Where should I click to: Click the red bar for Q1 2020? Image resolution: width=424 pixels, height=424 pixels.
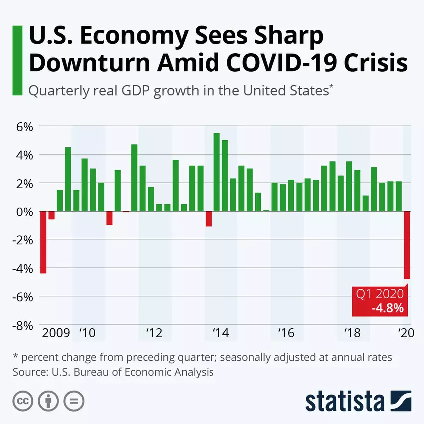407,245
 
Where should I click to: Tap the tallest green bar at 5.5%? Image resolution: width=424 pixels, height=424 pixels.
216,172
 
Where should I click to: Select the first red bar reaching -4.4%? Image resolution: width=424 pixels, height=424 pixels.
43,242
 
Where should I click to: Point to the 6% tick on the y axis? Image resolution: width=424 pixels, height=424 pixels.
23,126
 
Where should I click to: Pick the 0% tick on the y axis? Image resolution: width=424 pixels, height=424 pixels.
24,212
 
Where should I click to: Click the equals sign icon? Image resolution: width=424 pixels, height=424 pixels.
74,401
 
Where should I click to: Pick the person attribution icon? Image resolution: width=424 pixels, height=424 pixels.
48,401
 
